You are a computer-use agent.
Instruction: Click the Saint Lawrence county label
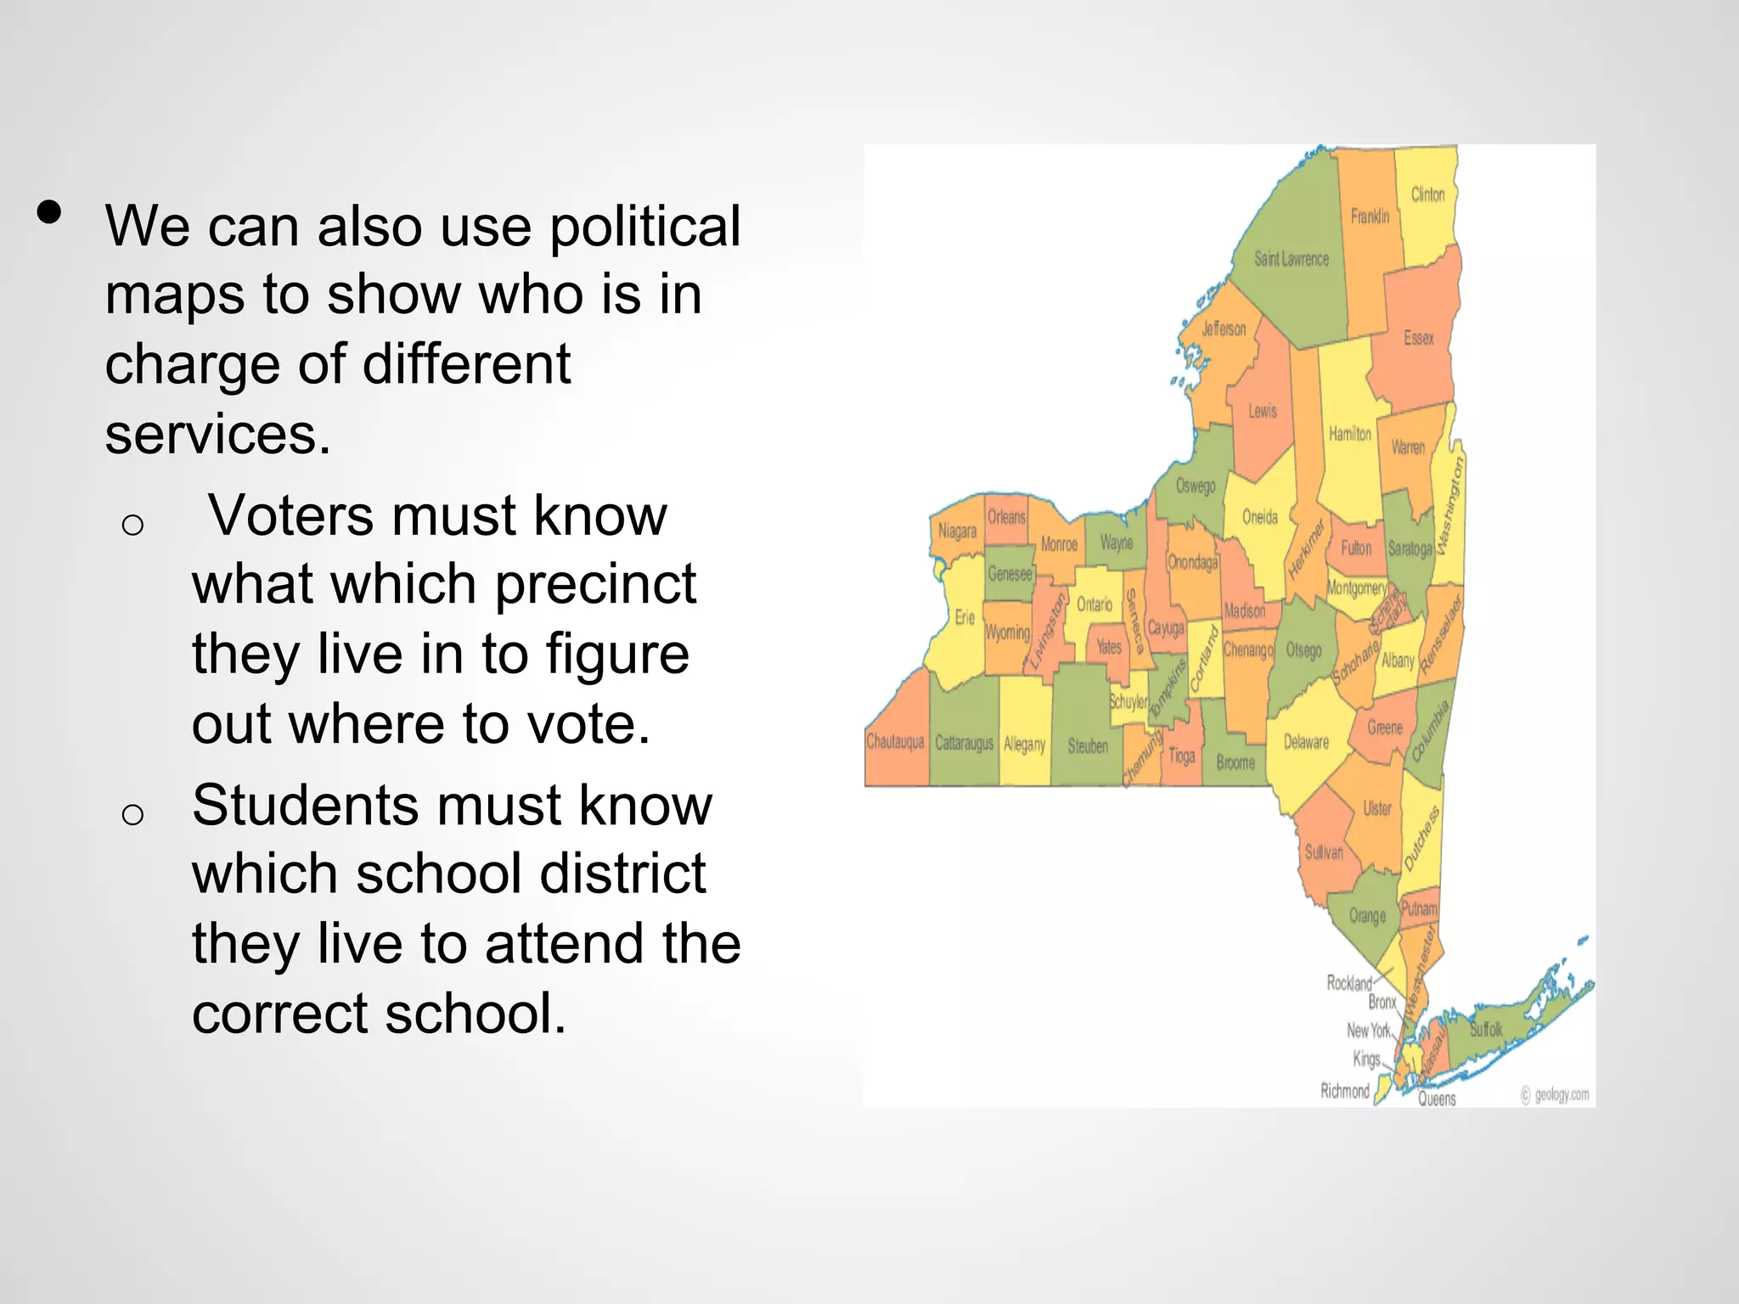1292,259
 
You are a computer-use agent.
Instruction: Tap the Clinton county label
1427,194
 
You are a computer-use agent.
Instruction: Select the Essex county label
1418,338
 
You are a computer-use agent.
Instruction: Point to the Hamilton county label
1349,434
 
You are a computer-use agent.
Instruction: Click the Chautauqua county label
895,742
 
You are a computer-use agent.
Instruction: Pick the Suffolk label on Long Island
1486,1030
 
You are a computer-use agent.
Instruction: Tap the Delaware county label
1306,742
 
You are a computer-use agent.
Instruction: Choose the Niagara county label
957,531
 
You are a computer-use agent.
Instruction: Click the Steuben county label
1088,746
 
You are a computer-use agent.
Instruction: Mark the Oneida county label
1259,517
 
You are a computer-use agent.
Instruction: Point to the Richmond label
1344,1091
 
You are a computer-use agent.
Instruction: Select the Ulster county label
1377,808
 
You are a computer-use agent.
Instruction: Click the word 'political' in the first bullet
645,228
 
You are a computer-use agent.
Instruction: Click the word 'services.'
217,435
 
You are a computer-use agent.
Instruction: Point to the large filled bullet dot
50,212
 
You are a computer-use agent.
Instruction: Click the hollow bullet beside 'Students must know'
132,815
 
